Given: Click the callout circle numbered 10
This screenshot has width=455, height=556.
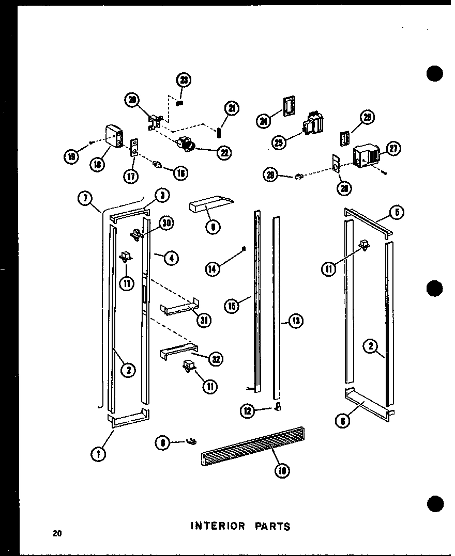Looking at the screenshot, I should [282, 470].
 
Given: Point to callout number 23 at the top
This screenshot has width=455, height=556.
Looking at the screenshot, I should [184, 80].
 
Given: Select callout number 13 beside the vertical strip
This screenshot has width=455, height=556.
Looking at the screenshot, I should [295, 321].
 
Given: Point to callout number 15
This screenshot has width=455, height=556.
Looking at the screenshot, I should [232, 306].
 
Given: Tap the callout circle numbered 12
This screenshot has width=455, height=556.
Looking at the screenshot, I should [248, 411].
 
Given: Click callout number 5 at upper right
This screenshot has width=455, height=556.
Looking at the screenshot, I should [398, 212].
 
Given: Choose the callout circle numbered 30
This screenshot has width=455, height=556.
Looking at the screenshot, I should [166, 223].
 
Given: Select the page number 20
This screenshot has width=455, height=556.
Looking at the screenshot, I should [56, 533].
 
